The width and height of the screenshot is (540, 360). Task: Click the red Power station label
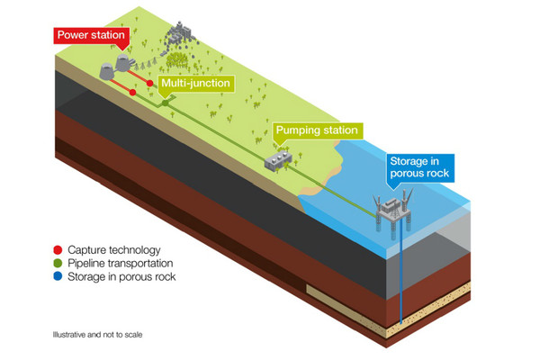coord(91,35)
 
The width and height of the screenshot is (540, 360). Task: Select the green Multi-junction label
coord(193,84)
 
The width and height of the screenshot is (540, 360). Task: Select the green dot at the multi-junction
coord(165,103)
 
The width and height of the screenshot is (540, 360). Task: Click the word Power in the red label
coord(74,35)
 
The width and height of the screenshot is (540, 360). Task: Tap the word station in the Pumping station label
coord(337,130)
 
